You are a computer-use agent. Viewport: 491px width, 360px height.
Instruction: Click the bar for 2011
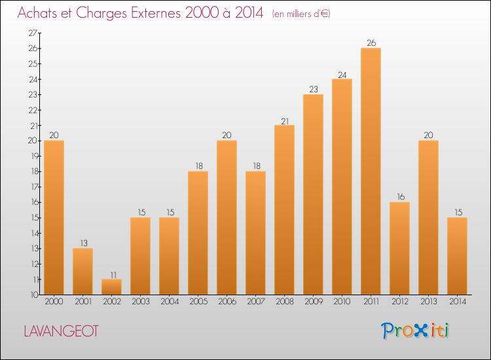[x=371, y=171]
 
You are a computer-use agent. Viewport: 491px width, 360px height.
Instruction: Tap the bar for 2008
[x=284, y=209]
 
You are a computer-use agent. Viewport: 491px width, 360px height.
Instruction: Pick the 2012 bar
[x=399, y=248]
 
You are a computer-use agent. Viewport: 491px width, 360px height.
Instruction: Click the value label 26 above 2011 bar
[x=371, y=43]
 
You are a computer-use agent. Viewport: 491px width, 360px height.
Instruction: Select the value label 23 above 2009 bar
[x=313, y=90]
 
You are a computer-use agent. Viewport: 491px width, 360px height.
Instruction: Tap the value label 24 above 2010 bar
[x=342, y=74]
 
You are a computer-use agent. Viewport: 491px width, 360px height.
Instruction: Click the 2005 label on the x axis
[x=198, y=302]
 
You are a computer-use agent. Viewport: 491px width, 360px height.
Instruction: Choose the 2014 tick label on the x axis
[x=457, y=302]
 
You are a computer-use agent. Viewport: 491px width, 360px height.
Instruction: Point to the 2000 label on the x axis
[x=54, y=302]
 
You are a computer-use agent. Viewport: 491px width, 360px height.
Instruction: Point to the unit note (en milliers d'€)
[x=300, y=14]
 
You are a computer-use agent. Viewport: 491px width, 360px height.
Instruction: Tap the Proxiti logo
[x=415, y=331]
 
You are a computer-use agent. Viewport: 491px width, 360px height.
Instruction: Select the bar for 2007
[x=255, y=233]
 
